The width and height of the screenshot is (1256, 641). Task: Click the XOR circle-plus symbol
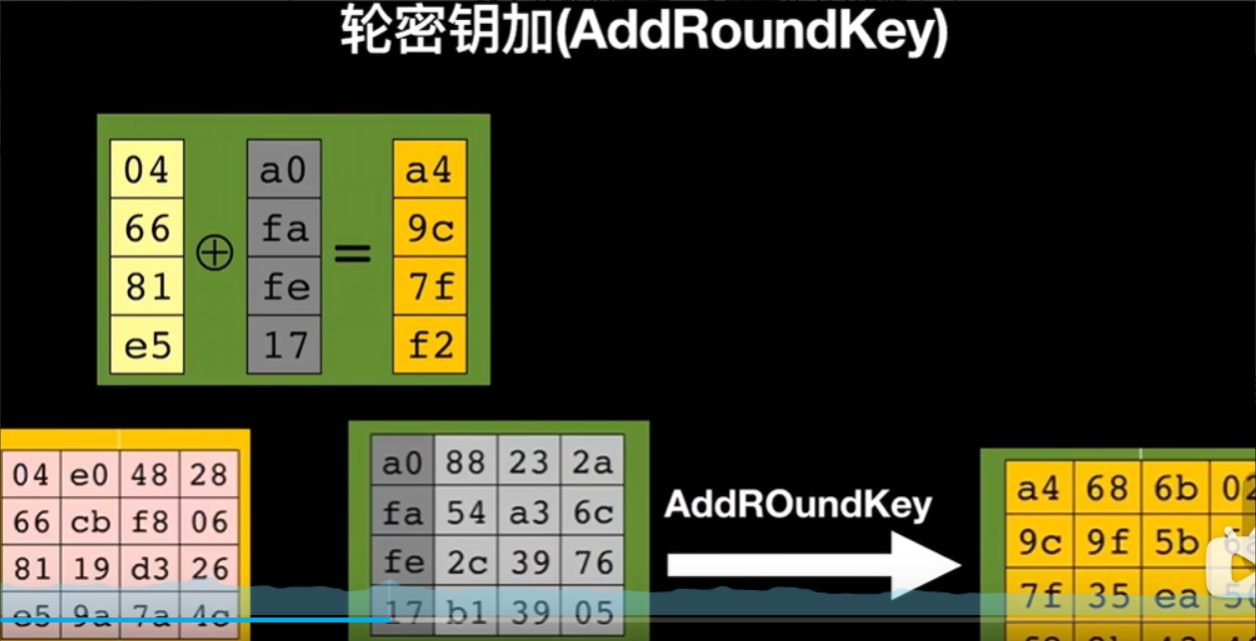point(214,253)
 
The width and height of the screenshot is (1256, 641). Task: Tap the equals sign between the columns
point(352,253)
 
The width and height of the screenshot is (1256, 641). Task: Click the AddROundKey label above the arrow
point(798,505)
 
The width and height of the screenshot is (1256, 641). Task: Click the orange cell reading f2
point(430,345)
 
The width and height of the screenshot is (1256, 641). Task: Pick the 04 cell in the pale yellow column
point(147,170)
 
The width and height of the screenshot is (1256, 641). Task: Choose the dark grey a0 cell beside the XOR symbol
point(284,170)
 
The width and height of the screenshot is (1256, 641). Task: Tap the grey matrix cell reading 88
point(465,462)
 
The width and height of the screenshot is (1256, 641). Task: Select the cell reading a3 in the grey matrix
point(529,512)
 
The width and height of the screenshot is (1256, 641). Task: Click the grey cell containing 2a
point(592,462)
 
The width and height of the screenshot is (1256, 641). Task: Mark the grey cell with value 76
point(592,562)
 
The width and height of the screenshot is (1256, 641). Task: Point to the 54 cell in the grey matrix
point(465,512)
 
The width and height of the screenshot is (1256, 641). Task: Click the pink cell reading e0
point(90,474)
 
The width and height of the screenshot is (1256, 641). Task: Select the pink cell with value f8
point(150,521)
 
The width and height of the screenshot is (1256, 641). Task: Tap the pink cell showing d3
point(150,568)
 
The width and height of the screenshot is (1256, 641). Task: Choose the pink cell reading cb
point(90,521)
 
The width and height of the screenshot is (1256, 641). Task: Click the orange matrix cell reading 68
point(1108,489)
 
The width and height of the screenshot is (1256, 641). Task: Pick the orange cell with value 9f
point(1108,542)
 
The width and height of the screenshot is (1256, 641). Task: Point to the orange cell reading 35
point(1108,596)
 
